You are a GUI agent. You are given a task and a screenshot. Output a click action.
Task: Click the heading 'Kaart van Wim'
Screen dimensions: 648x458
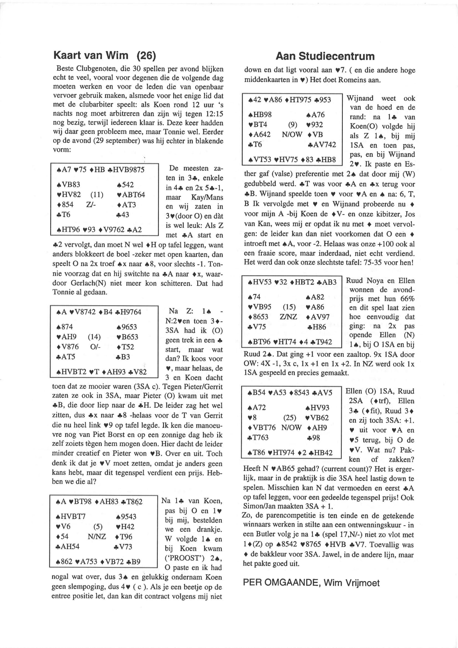click(x=91, y=55)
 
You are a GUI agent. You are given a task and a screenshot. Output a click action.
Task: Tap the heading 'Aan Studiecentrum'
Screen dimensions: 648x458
click(x=325, y=56)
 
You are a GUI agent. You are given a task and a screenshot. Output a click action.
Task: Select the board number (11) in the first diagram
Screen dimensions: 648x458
click(x=97, y=195)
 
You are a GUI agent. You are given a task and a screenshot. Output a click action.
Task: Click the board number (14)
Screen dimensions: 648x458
click(x=94, y=337)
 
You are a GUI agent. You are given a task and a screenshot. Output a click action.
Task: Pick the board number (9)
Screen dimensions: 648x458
click(x=293, y=125)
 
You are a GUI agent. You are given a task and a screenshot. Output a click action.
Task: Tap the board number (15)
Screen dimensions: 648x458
click(x=289, y=307)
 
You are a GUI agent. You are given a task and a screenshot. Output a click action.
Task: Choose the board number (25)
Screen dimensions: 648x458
click(x=289, y=418)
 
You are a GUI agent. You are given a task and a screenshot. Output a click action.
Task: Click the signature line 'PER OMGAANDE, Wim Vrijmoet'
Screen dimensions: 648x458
click(x=311, y=583)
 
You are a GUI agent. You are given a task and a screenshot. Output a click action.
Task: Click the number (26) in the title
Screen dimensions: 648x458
click(x=146, y=55)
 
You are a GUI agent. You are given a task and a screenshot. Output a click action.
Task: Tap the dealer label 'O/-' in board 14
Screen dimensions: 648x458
click(x=95, y=347)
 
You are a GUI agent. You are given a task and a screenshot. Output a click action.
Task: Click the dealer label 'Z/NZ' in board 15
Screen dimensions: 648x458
click(x=288, y=317)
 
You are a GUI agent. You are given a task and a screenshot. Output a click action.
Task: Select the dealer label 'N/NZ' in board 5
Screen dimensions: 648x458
click(x=97, y=537)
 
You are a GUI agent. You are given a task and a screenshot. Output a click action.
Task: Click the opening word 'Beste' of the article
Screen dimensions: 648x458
click(x=63, y=68)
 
